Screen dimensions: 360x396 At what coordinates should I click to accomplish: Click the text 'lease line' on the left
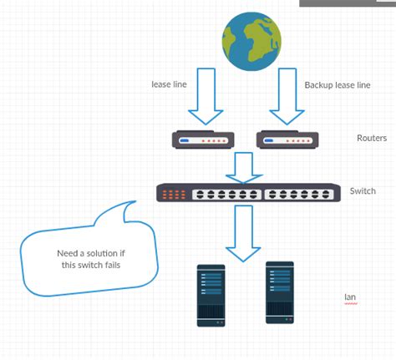pyautogui.click(x=167, y=84)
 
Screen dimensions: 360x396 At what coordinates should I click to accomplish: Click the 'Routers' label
pyautogui.click(x=371, y=139)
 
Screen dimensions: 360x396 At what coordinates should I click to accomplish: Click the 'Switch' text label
pyautogui.click(x=363, y=191)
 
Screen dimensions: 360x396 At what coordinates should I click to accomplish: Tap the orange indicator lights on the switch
pyautogui.click(x=175, y=194)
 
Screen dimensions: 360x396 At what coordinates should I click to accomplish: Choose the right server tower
pyautogui.click(x=280, y=292)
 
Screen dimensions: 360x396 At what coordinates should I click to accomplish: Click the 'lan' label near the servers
pyautogui.click(x=350, y=297)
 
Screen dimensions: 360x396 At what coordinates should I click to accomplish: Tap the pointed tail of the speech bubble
pyautogui.click(x=134, y=203)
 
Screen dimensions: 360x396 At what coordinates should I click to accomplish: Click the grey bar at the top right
pyautogui.click(x=347, y=3)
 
